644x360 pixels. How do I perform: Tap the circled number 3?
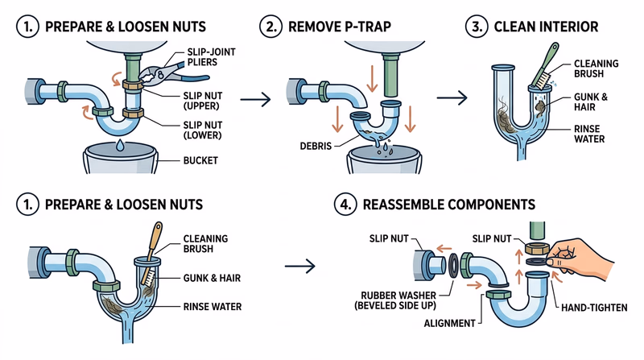[478, 27]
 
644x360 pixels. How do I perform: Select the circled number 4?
[347, 205]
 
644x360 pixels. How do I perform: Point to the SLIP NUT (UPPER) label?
[207, 100]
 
